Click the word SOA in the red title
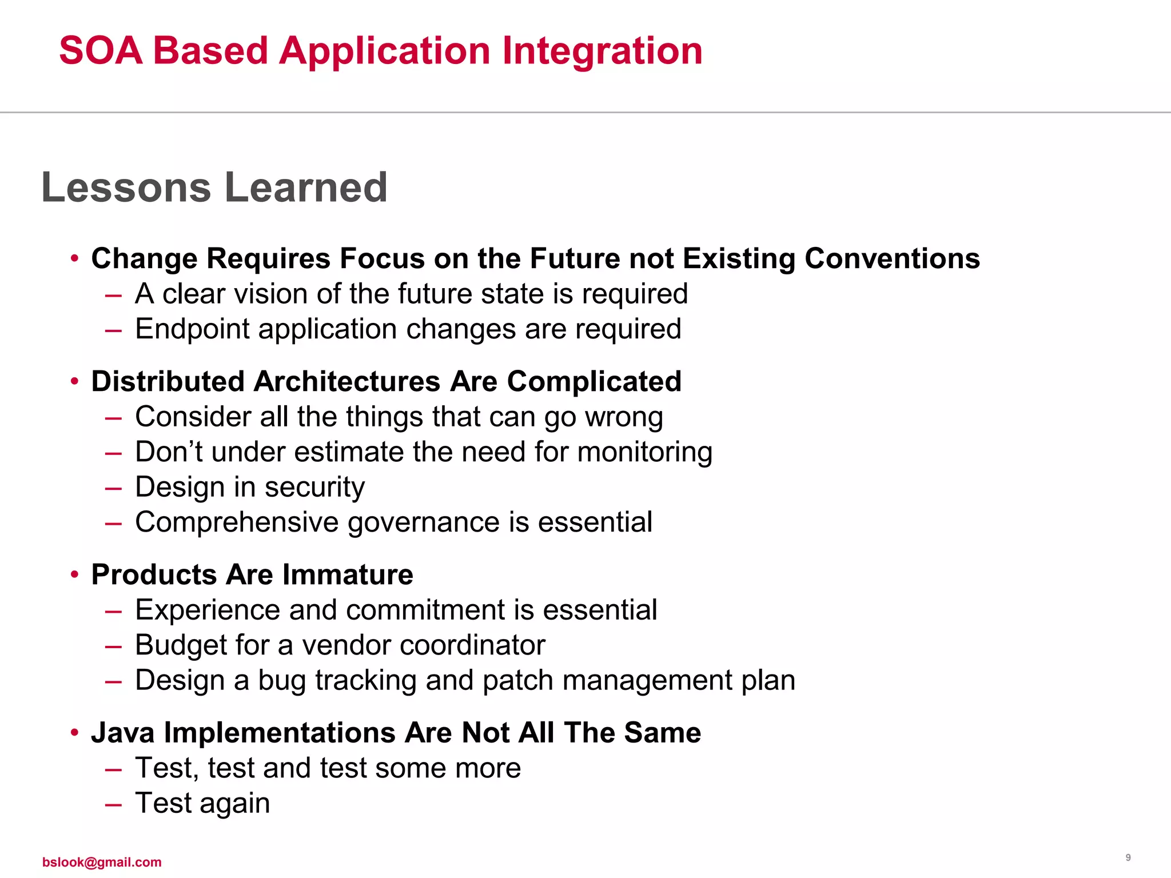[x=101, y=51]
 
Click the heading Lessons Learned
[x=214, y=187]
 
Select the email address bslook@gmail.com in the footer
[x=102, y=862]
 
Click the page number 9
[x=1128, y=857]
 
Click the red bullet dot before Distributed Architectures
[x=74, y=381]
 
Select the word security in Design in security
[x=314, y=488]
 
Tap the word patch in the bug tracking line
[x=517, y=681]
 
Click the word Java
[x=122, y=733]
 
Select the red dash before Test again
[x=113, y=804]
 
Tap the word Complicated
[x=594, y=382]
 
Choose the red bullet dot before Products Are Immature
[x=74, y=574]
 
